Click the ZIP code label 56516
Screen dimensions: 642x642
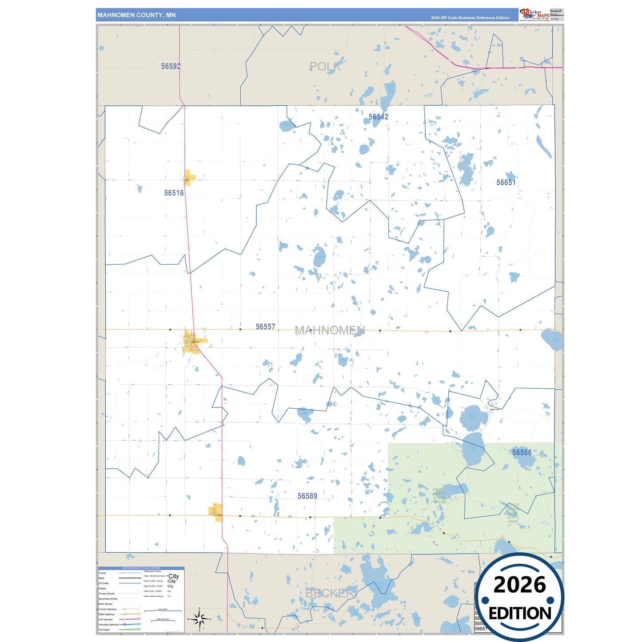pyautogui.click(x=174, y=193)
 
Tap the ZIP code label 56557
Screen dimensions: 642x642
pyautogui.click(x=265, y=327)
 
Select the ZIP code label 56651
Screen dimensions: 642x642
pyautogui.click(x=506, y=182)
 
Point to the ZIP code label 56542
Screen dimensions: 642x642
pyautogui.click(x=378, y=117)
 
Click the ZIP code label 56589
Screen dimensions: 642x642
pyautogui.click(x=307, y=496)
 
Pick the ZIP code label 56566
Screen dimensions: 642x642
pyautogui.click(x=522, y=452)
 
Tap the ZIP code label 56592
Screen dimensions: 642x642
pyautogui.click(x=171, y=66)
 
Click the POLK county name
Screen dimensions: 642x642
pyautogui.click(x=325, y=67)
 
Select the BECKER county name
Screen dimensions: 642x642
pyautogui.click(x=330, y=593)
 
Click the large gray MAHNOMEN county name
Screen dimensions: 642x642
pyautogui.click(x=330, y=330)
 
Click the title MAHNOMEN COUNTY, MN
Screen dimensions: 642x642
pyautogui.click(x=136, y=15)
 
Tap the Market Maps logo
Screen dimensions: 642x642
pyautogui.click(x=534, y=14)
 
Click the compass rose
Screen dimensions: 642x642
pyautogui.click(x=199, y=618)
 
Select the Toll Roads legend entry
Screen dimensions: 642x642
pyautogui.click(x=104, y=630)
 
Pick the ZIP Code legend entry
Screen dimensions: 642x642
pyautogui.click(x=104, y=583)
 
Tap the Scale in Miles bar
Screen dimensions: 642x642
pyautogui.click(x=163, y=611)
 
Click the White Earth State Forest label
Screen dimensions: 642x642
pyautogui.click(x=439, y=496)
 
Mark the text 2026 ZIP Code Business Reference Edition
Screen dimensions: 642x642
pyautogui.click(x=470, y=18)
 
